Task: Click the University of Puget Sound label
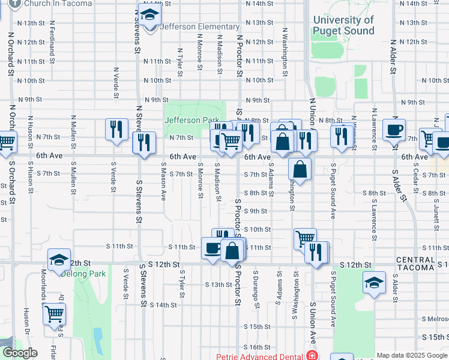pos(343,25)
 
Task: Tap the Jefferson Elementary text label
pos(200,26)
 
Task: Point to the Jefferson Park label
pos(191,120)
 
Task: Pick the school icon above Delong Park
pos(59,260)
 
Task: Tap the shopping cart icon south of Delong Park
pos(55,313)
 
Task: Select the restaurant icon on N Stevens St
pos(144,143)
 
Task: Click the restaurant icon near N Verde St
pos(116,130)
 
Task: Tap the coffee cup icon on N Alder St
pos(394,130)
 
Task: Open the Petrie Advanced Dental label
pos(259,356)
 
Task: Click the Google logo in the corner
pos(19,353)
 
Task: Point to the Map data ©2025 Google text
pos(412,355)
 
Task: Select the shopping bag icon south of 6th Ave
pos(300,169)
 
